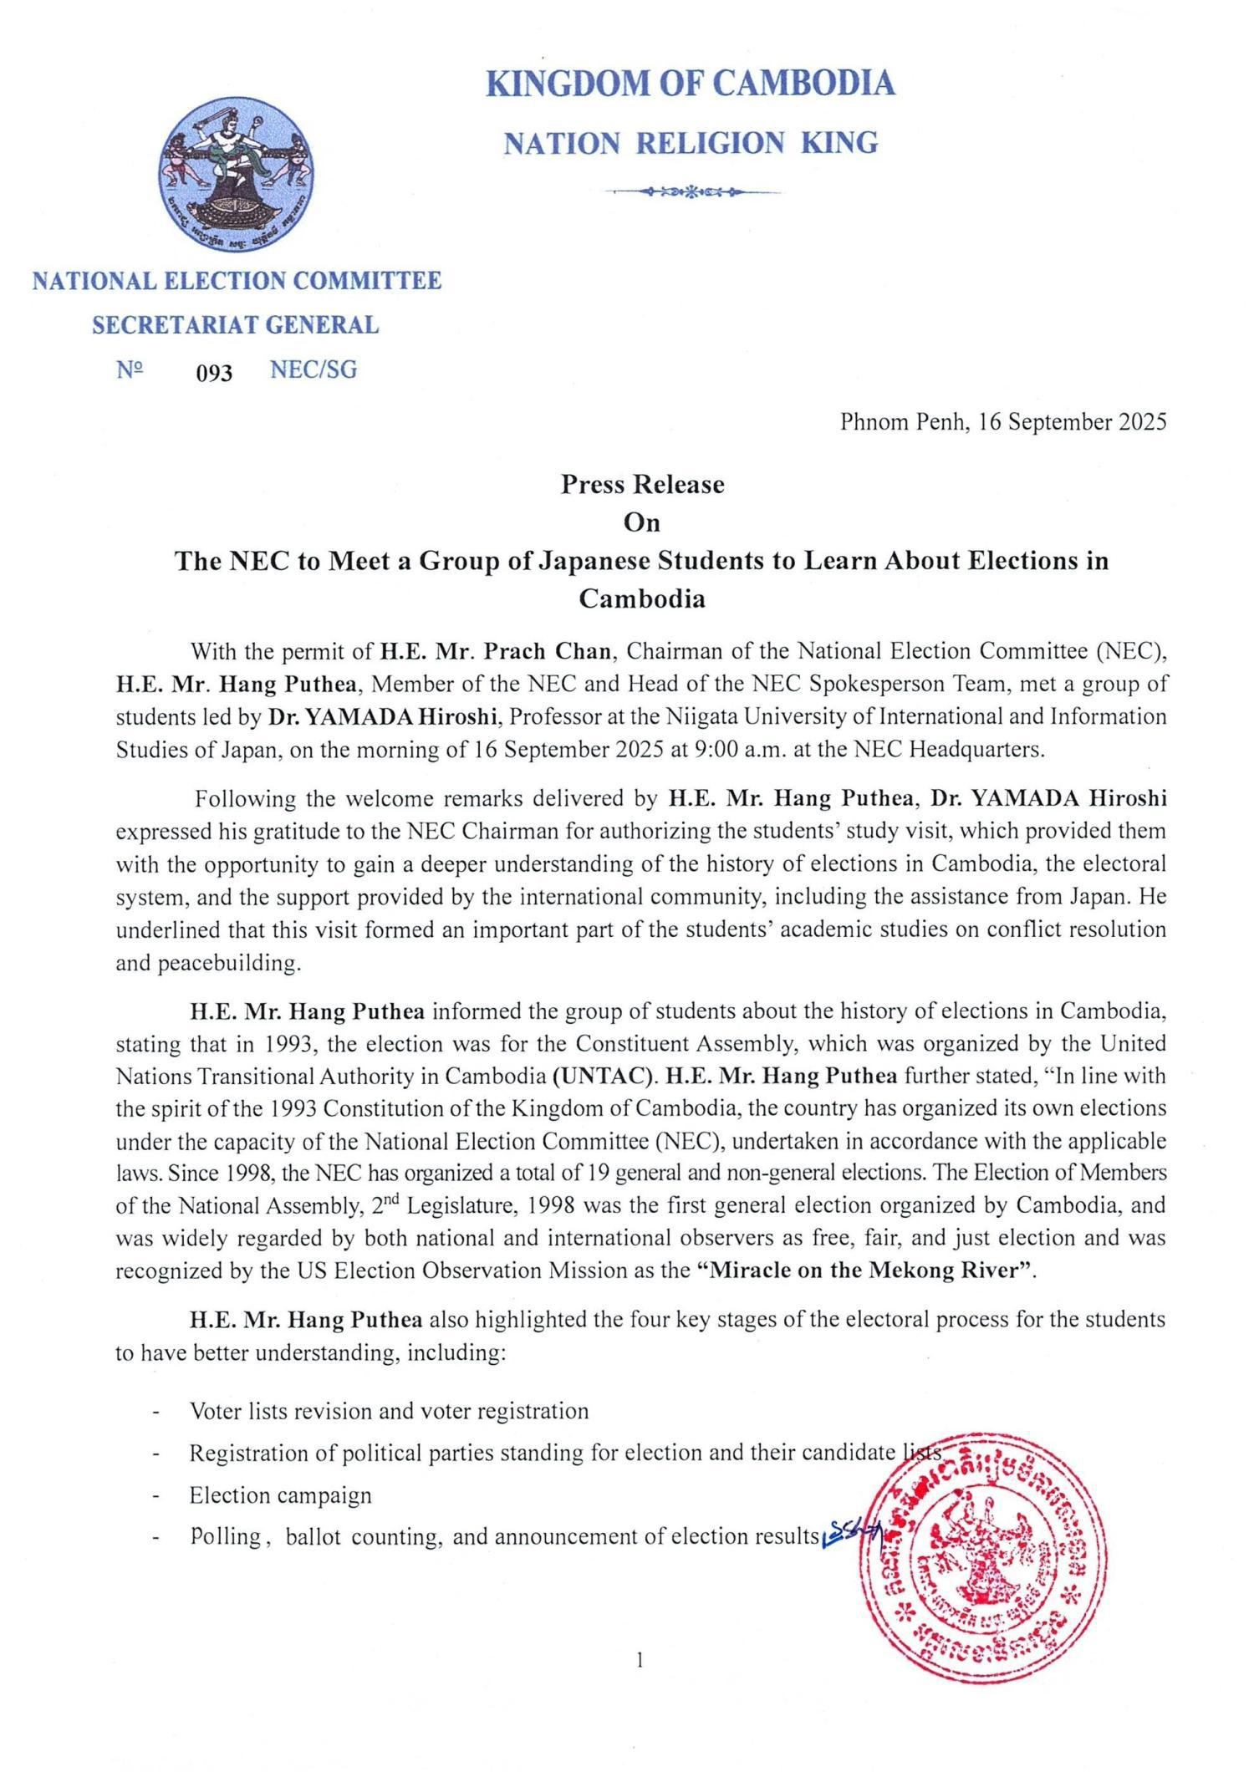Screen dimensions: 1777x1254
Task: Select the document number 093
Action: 214,373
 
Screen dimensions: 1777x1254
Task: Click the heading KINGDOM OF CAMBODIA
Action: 691,84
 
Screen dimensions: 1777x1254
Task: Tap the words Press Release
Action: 642,485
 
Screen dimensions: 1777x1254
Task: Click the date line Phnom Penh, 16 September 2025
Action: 1002,422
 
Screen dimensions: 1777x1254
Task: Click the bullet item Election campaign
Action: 280,1495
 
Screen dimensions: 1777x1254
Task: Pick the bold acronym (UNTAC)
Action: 601,1076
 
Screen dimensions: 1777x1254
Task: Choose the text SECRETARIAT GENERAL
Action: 235,325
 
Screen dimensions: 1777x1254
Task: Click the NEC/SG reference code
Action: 313,370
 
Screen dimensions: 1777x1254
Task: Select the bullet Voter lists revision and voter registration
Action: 389,1412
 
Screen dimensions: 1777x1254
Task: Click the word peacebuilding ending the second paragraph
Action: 207,963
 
